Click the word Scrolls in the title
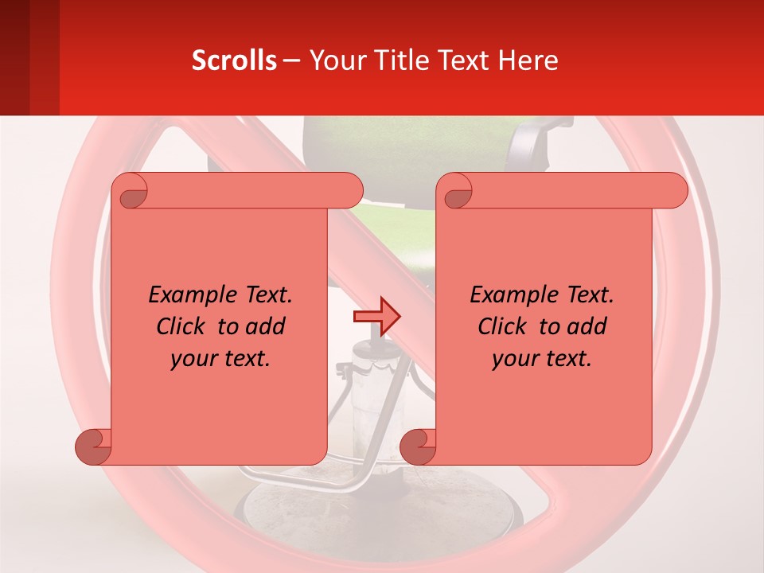click(x=234, y=60)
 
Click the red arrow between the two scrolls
click(x=376, y=317)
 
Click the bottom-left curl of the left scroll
click(x=93, y=446)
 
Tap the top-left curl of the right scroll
click(x=457, y=191)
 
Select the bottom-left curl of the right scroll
click(x=418, y=446)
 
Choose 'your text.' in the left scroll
click(x=220, y=358)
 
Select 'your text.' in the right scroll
click(x=542, y=358)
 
